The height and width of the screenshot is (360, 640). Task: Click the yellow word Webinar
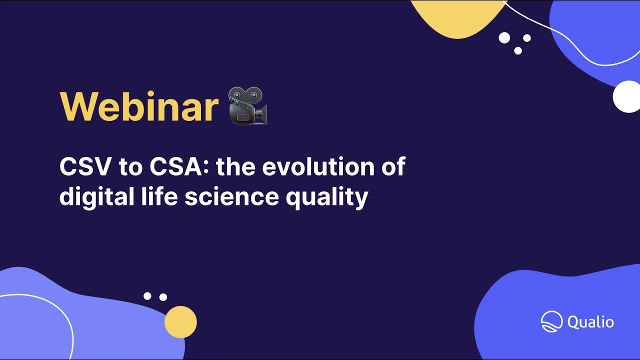click(139, 106)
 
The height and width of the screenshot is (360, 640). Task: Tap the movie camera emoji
click(248, 106)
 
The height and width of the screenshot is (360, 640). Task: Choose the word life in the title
click(152, 196)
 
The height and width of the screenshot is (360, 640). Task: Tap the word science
click(231, 196)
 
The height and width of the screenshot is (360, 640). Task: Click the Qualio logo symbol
click(552, 321)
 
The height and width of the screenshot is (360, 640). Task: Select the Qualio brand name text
click(590, 321)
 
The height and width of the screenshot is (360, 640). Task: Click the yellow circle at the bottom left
click(180, 322)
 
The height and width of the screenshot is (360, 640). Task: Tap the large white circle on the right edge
click(627, 96)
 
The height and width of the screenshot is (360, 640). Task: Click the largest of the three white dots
click(504, 37)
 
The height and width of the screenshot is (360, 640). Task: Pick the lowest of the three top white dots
click(518, 50)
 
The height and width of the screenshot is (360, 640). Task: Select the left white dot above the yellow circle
click(147, 296)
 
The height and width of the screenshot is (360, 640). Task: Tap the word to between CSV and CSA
click(130, 167)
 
